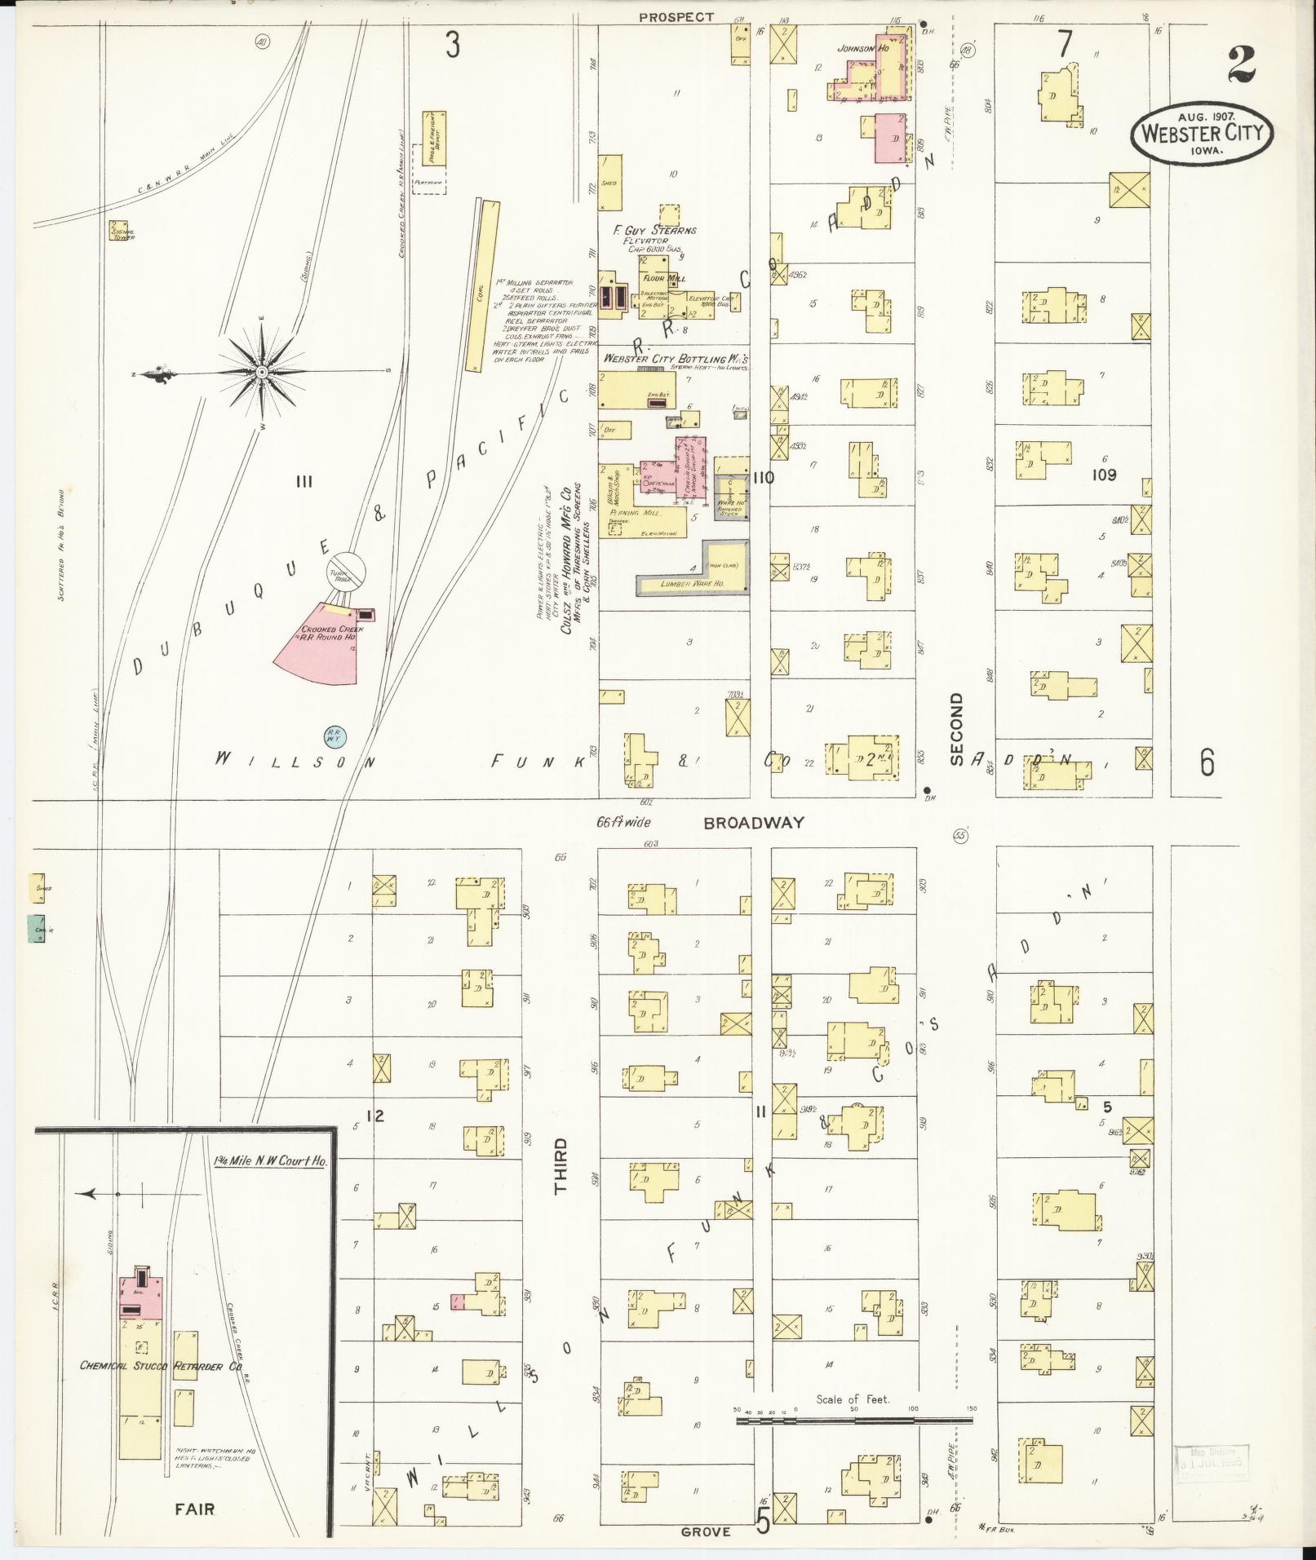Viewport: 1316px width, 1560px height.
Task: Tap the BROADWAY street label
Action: point(755,823)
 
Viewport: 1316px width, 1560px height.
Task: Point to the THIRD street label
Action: point(561,1166)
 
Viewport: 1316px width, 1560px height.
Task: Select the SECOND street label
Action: point(956,728)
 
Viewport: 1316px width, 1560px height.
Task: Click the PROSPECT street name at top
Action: point(676,17)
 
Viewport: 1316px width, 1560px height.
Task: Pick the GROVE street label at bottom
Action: point(706,1532)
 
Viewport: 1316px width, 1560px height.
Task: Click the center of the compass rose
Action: point(262,373)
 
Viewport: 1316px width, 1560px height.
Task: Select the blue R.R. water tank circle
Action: point(335,736)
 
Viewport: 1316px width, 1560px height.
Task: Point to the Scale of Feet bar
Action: point(854,1420)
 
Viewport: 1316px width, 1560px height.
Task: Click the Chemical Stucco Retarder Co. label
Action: point(163,1366)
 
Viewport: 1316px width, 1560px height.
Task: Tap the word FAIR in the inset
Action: point(194,1509)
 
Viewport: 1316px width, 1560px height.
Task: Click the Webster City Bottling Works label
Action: point(675,359)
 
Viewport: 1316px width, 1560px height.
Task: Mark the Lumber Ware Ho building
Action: point(693,581)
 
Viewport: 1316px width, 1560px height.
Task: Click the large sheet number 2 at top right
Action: point(1240,65)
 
